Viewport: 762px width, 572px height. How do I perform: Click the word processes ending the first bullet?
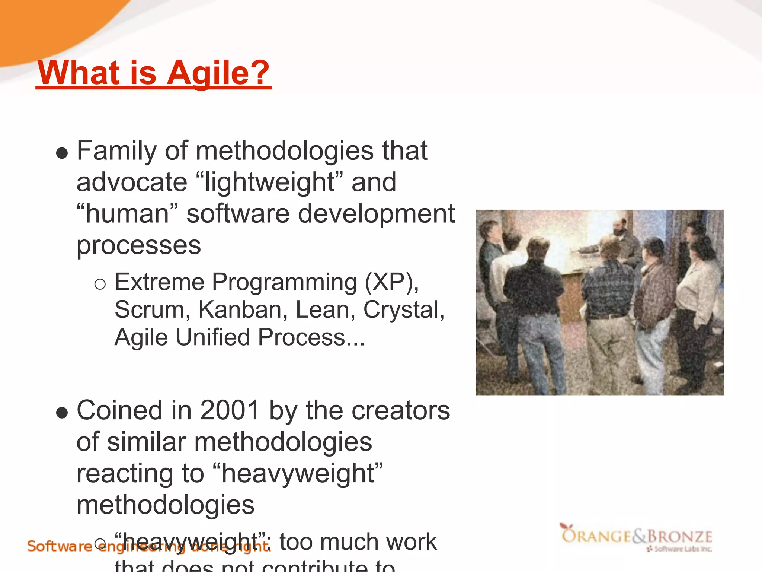pos(138,246)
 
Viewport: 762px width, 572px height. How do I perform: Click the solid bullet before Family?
pos(62,153)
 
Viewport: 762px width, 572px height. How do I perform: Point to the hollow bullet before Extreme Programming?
pos(100,285)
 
